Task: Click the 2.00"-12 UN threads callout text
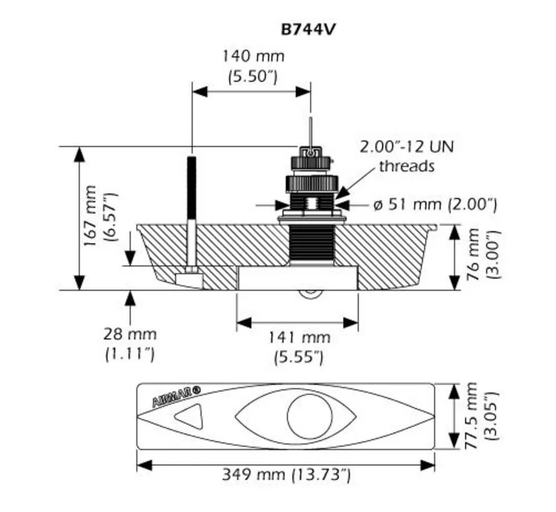click(406, 157)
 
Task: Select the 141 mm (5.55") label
click(299, 347)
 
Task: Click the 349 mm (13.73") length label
click(286, 475)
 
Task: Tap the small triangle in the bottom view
click(189, 416)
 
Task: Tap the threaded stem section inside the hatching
click(311, 244)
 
